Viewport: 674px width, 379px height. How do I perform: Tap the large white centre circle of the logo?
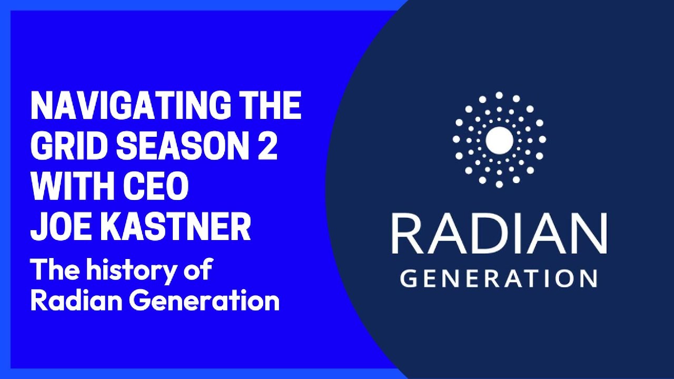499,139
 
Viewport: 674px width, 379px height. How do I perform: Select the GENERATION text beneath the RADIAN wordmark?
498,278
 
